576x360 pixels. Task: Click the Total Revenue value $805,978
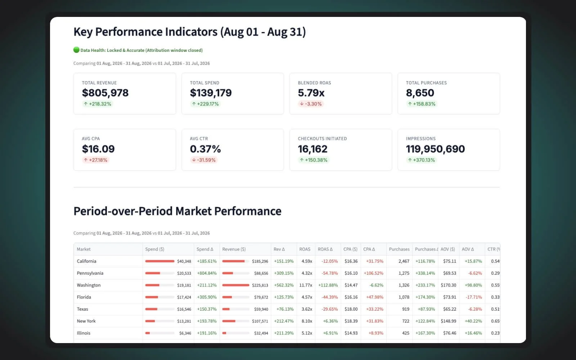pyautogui.click(x=105, y=93)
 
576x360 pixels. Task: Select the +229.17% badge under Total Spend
pyautogui.click(x=205, y=104)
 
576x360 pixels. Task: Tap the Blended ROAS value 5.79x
pyautogui.click(x=311, y=93)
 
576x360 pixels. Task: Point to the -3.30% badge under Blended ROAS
pyautogui.click(x=311, y=104)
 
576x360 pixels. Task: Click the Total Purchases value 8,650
pyautogui.click(x=420, y=93)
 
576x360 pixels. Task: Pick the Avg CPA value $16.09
pyautogui.click(x=98, y=149)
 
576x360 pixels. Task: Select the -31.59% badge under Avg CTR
pyautogui.click(x=204, y=160)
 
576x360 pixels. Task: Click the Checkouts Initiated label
pyautogui.click(x=322, y=139)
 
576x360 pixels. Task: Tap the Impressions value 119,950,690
pyautogui.click(x=435, y=149)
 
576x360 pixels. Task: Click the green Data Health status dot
pyautogui.click(x=76, y=50)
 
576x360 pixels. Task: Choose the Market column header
pyautogui.click(x=84, y=249)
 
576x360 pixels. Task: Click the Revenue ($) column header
pyautogui.click(x=234, y=249)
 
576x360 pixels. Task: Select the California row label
pyautogui.click(x=86, y=261)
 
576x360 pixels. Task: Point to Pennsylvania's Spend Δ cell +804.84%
pyautogui.click(x=207, y=273)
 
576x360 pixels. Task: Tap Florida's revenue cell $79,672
pyautogui.click(x=261, y=297)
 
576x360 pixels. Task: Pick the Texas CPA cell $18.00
pyautogui.click(x=351, y=309)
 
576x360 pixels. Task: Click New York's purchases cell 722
pyautogui.click(x=405, y=321)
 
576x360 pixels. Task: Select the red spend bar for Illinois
pyautogui.click(x=147, y=333)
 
